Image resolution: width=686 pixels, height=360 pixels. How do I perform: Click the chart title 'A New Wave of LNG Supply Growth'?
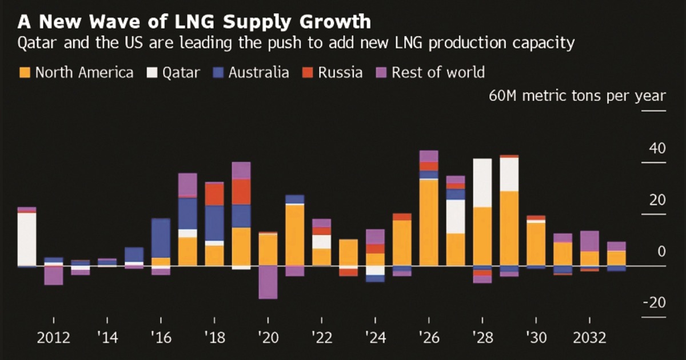click(194, 22)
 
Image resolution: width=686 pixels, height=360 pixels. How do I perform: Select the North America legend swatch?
click(25, 73)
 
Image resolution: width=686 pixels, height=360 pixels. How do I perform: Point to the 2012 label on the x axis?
click(54, 338)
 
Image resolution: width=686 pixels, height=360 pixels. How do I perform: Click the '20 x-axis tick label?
click(268, 338)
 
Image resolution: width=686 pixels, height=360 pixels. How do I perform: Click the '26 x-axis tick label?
click(429, 338)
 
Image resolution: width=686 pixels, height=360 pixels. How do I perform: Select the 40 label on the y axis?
click(658, 149)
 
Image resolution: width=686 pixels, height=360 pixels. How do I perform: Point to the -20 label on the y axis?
click(655, 303)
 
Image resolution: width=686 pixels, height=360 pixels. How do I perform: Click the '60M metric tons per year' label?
click(577, 95)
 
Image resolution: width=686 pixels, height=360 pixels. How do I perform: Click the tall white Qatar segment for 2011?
click(27, 239)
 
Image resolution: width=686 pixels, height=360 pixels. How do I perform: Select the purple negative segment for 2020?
click(268, 282)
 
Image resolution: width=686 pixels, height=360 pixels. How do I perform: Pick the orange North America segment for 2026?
click(429, 223)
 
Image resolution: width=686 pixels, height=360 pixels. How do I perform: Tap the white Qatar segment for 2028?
click(482, 183)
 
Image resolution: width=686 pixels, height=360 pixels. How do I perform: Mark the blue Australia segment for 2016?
click(161, 238)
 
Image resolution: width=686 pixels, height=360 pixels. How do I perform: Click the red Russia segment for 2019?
click(241, 191)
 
